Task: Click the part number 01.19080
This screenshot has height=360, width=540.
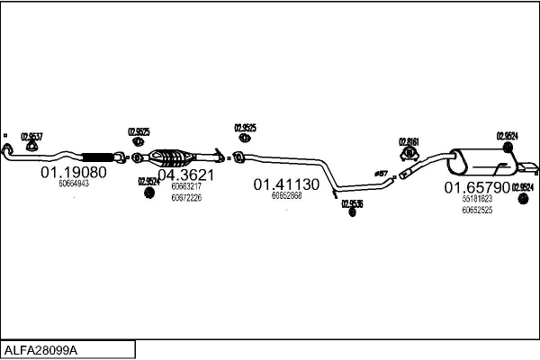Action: (x=74, y=172)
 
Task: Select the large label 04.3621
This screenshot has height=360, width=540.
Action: (x=185, y=175)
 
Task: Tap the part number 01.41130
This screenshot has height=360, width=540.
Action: (x=285, y=184)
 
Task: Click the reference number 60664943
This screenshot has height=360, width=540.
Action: (x=74, y=184)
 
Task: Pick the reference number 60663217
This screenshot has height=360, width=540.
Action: (x=185, y=186)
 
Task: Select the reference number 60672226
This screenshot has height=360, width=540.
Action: (x=185, y=197)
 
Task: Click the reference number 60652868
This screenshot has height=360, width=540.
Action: (x=286, y=195)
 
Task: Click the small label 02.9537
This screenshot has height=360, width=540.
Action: (x=31, y=135)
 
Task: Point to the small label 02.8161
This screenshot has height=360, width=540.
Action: (x=409, y=141)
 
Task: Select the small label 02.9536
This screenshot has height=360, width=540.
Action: (x=352, y=203)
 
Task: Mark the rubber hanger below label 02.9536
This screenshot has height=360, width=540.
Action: (x=352, y=212)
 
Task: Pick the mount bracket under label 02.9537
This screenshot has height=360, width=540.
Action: (x=31, y=147)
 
